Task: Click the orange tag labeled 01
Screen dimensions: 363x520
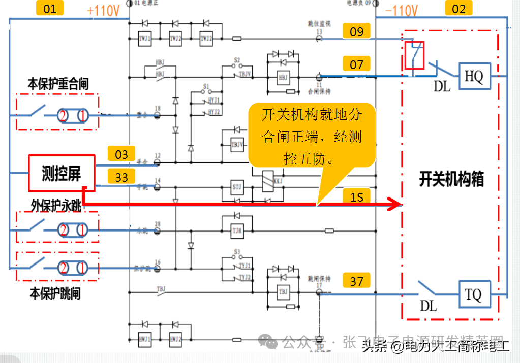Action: pyautogui.click(x=50, y=8)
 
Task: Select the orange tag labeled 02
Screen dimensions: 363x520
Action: pyautogui.click(x=458, y=8)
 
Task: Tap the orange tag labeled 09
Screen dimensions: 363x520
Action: pyautogui.click(x=357, y=31)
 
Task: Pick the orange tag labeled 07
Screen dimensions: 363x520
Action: pyautogui.click(x=357, y=64)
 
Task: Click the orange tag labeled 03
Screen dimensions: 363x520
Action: pyautogui.click(x=121, y=154)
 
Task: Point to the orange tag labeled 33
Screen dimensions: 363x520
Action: pyautogui.click(x=121, y=177)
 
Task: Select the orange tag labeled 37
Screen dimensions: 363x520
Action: pyautogui.click(x=357, y=280)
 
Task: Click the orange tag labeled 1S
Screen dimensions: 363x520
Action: pyautogui.click(x=357, y=196)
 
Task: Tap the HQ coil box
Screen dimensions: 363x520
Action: pyautogui.click(x=474, y=77)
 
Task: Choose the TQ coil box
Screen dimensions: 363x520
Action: pyautogui.click(x=474, y=294)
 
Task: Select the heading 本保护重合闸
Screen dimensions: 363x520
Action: pyautogui.click(x=58, y=84)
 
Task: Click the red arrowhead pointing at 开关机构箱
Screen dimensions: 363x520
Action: pyautogui.click(x=395, y=205)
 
